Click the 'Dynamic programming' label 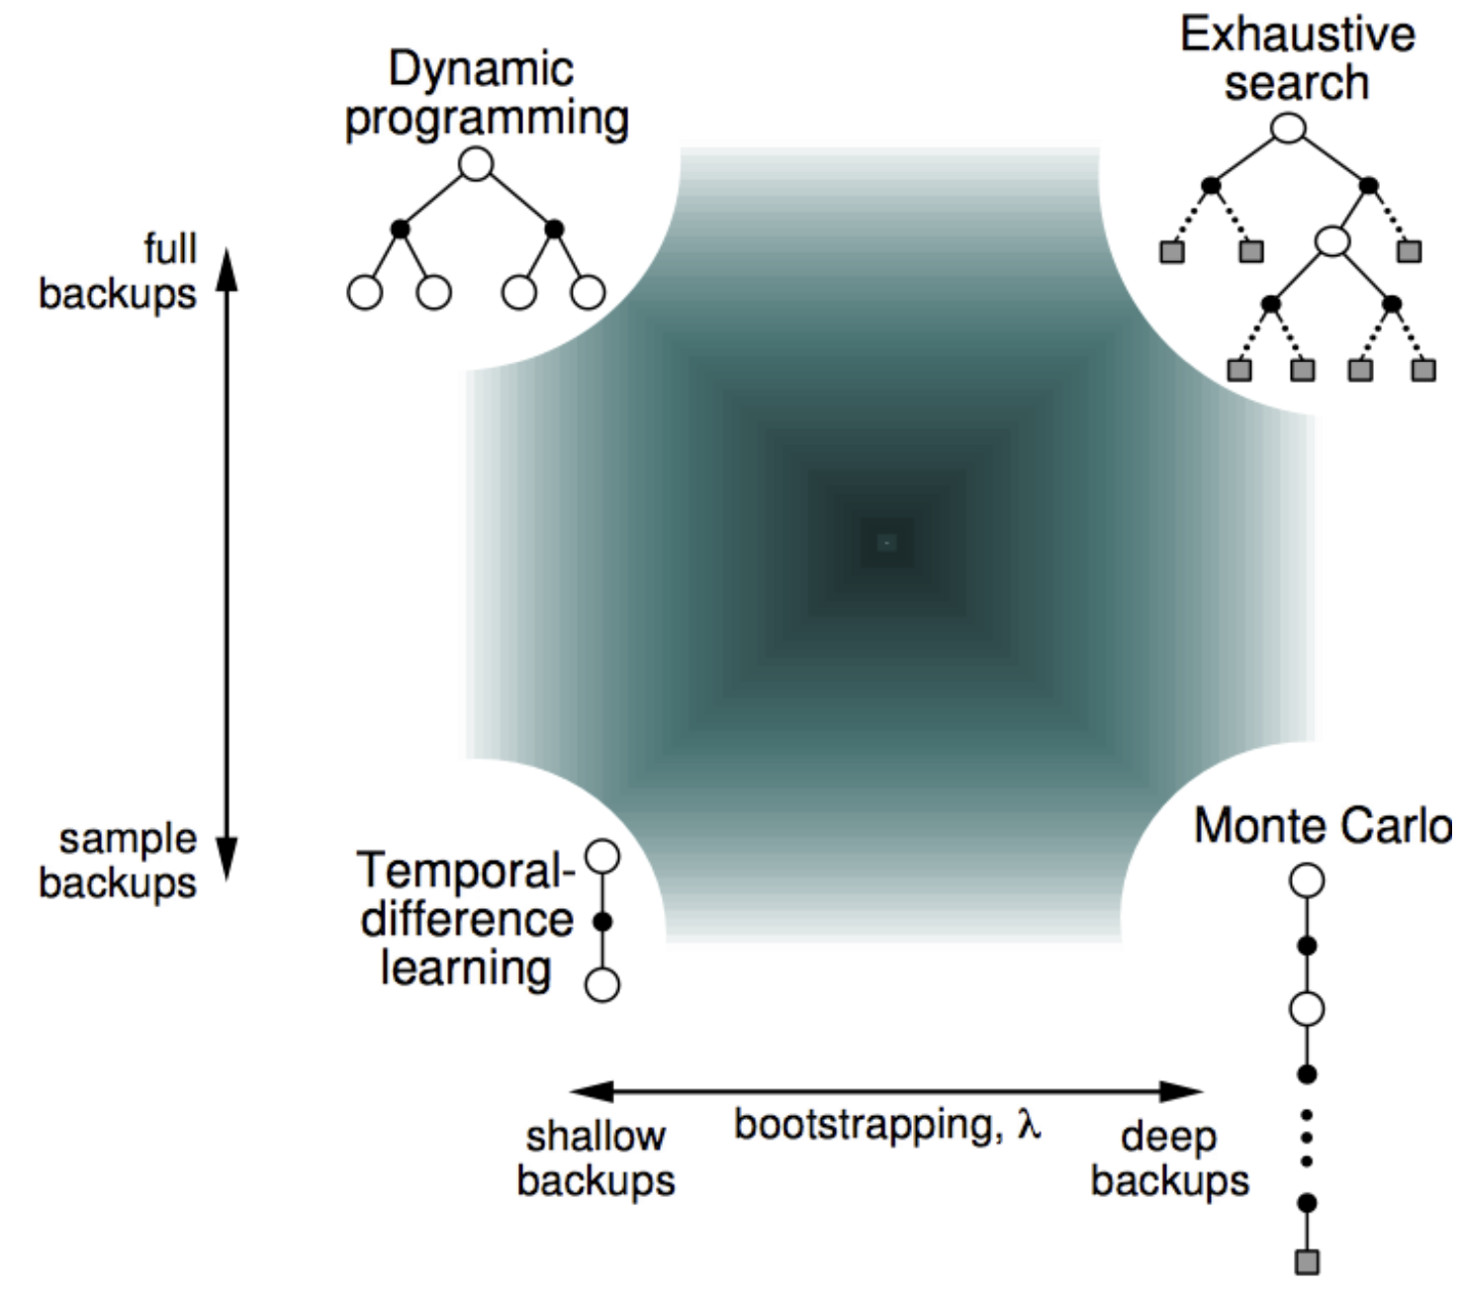click(487, 95)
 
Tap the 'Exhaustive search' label click(1297, 59)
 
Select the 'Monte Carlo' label click(1322, 826)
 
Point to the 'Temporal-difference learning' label click(466, 918)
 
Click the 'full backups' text click(118, 271)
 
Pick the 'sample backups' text click(118, 861)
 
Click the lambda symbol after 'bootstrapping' click(1029, 1123)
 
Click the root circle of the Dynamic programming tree click(476, 164)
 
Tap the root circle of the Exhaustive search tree click(1288, 128)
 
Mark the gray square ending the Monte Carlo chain click(1308, 1262)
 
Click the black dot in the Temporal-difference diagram click(602, 922)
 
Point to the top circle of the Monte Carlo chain click(1307, 881)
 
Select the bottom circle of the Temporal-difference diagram click(601, 984)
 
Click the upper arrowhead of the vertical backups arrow click(228, 269)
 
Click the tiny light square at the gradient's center click(886, 542)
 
